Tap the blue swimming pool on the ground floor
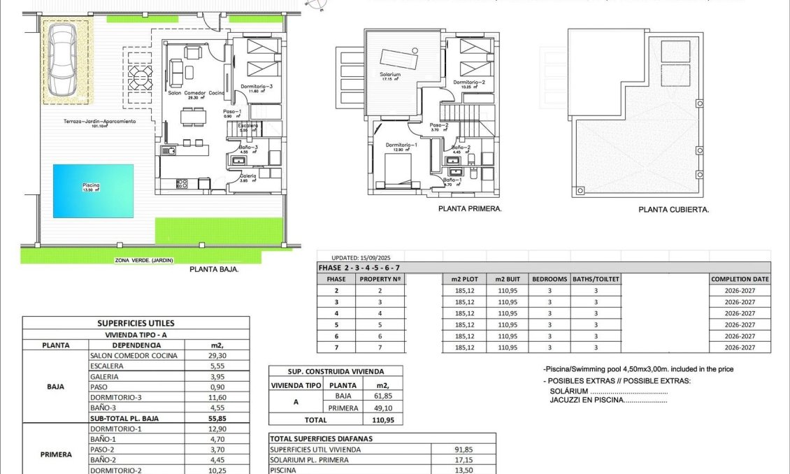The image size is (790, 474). pos(93,190)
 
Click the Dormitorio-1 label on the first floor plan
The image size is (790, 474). pos(401,145)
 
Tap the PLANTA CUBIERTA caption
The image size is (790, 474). pos(674,209)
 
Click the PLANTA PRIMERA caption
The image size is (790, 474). pos(470,208)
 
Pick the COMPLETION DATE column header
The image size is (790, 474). pos(740,278)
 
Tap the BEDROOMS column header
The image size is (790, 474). pos(550,278)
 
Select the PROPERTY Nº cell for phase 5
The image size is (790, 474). pos(380,324)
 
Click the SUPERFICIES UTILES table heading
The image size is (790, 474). pos(136,323)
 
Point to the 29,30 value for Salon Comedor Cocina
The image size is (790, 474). pos(215,355)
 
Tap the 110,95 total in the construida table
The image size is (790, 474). pos(382,420)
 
